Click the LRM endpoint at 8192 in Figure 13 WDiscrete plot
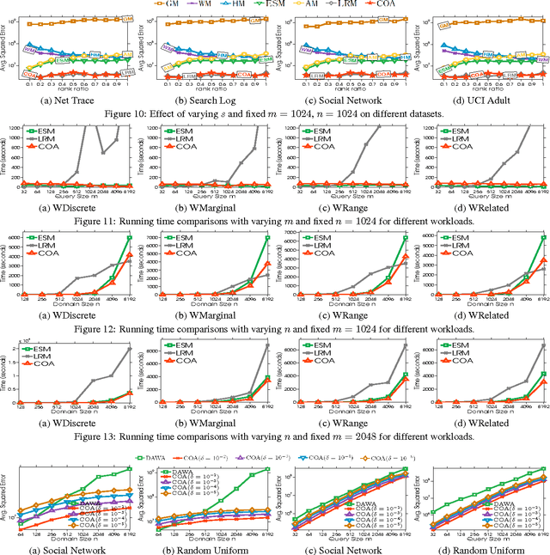click(x=130, y=348)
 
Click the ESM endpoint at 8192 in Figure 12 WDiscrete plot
click(x=130, y=238)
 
